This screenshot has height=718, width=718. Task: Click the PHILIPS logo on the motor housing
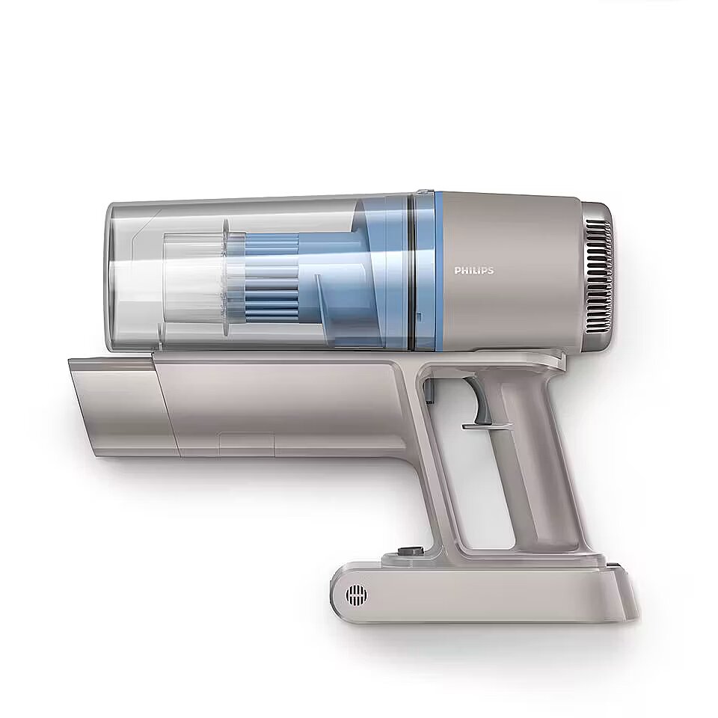pos(474,271)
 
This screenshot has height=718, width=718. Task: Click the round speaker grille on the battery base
pos(356,595)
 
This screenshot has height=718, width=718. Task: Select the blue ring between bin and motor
pos(439,270)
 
